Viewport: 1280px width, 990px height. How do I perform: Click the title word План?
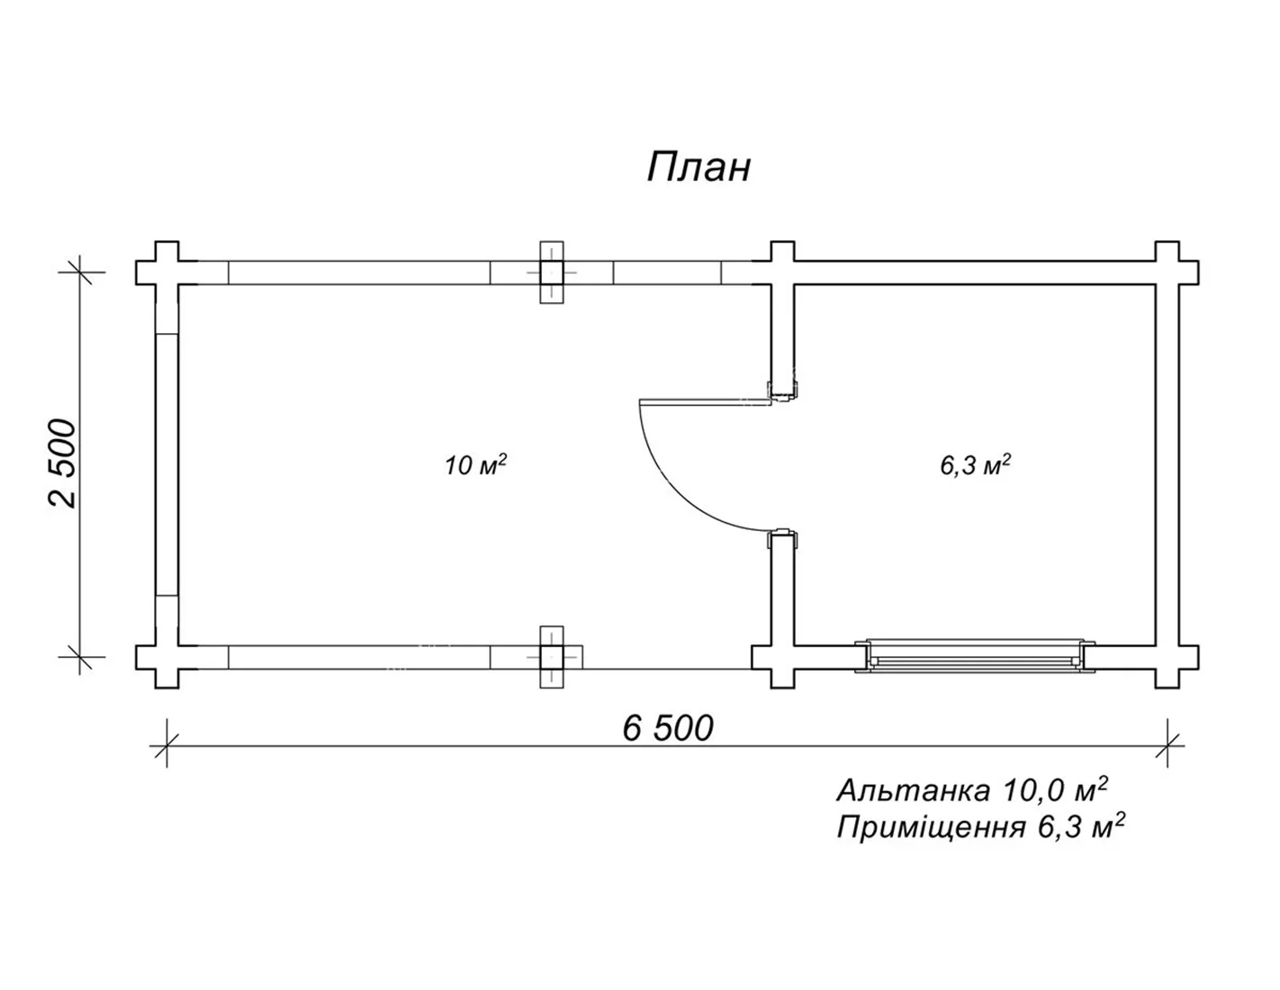(699, 167)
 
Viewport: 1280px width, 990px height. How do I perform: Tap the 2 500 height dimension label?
(62, 463)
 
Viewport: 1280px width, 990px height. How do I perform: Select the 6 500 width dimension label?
(667, 728)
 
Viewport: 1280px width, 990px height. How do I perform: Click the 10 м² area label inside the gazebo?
(475, 464)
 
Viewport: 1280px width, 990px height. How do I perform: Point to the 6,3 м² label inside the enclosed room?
(975, 464)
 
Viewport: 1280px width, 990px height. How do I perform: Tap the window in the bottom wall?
(975, 655)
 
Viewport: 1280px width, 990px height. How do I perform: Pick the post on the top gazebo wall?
(552, 273)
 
